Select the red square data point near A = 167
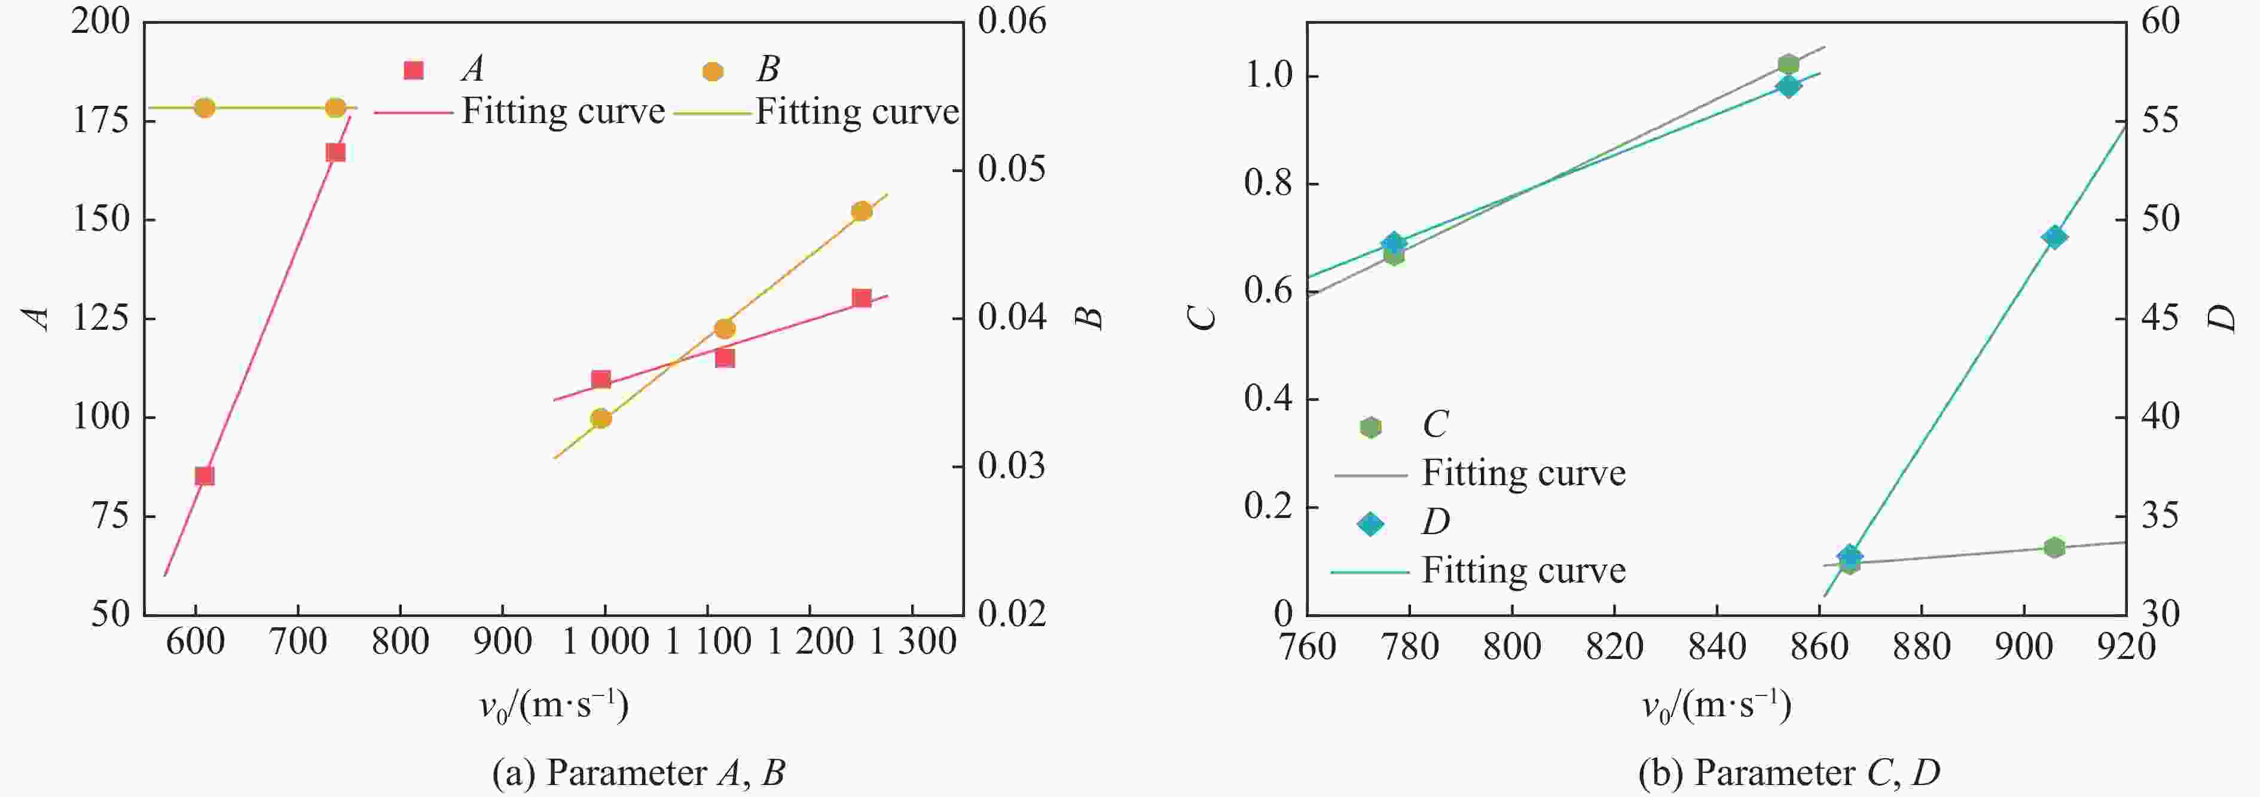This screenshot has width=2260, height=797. click(x=335, y=152)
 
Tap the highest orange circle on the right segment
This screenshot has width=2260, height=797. click(x=862, y=211)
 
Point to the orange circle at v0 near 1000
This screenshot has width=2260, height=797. click(x=601, y=418)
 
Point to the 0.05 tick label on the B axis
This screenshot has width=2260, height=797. click(x=1012, y=169)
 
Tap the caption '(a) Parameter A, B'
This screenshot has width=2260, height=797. click(x=638, y=773)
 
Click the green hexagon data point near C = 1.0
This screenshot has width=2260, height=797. click(x=1789, y=64)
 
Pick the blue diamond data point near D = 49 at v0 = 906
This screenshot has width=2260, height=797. click(x=2054, y=237)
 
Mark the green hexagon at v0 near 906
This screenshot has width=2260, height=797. click(x=2054, y=548)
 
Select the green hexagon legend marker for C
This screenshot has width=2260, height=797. click(x=1370, y=427)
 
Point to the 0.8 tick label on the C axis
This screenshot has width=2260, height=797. click(x=1269, y=184)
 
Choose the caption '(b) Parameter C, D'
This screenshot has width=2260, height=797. click(x=1789, y=773)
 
